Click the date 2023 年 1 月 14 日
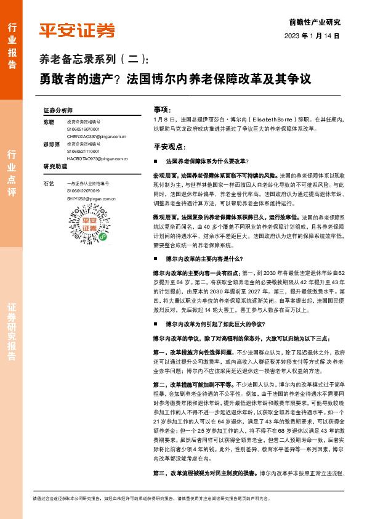pyautogui.click(x=312, y=36)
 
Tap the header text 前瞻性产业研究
pyautogui.click(x=314, y=22)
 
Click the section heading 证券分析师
pyautogui.click(x=58, y=109)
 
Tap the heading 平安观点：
pyautogui.click(x=169, y=147)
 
